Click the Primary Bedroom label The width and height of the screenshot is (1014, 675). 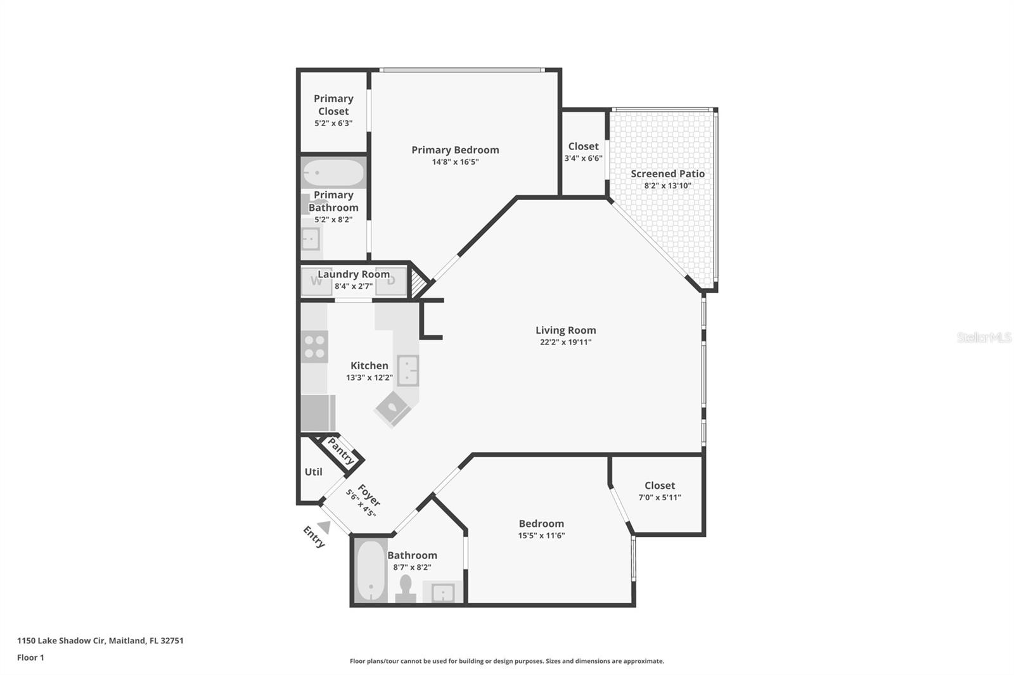[455, 150]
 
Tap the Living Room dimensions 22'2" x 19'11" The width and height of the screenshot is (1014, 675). [565, 343]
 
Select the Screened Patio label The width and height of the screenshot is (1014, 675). [667, 173]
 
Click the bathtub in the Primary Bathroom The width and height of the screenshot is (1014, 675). [333, 173]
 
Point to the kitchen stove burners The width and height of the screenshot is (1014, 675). [314, 346]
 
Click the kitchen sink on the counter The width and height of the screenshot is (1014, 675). [408, 370]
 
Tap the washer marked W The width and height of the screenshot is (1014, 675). [316, 281]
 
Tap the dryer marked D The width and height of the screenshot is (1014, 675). [391, 281]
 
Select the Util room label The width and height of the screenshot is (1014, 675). [313, 472]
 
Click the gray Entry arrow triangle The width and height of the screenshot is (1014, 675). [324, 527]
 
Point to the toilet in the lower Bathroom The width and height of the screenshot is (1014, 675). [406, 588]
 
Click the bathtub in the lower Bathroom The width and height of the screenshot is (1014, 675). [370, 572]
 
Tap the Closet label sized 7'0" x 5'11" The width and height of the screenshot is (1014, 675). [659, 486]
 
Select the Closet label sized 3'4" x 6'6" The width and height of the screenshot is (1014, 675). [583, 146]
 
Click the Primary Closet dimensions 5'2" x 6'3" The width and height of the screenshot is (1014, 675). [333, 123]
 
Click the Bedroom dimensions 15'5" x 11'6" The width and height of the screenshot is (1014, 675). [541, 536]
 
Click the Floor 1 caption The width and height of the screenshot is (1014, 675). [30, 657]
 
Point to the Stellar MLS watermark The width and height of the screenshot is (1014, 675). [984, 337]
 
